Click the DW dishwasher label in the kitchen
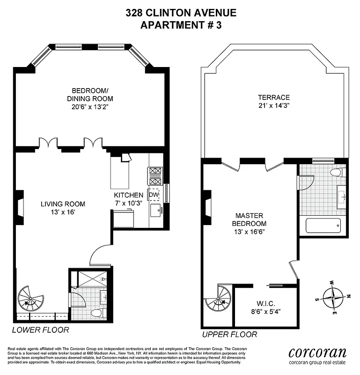click(x=154, y=195)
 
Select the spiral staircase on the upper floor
click(x=219, y=299)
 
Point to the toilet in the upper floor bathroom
click(x=336, y=172)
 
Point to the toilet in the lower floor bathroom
click(x=96, y=313)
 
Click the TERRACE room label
click(x=274, y=97)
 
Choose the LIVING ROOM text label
click(x=63, y=204)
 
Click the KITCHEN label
click(x=128, y=195)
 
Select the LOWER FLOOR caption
click(x=40, y=330)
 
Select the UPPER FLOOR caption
click(x=229, y=334)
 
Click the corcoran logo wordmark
click(x=317, y=352)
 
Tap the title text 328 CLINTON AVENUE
click(x=181, y=13)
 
